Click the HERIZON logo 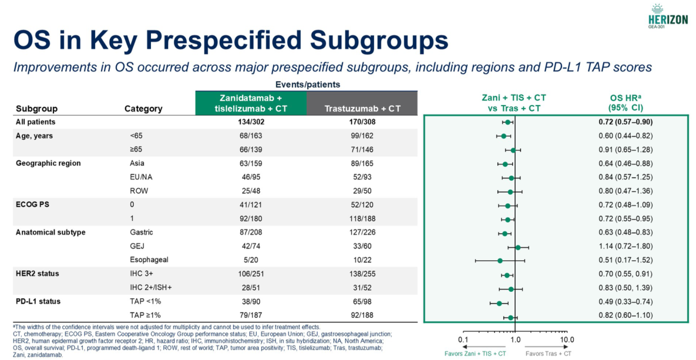coord(667,15)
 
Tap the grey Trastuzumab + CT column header coord(362,109)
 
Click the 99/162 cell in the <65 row coord(362,136)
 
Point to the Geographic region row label coord(48,163)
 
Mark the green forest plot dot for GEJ coord(518,247)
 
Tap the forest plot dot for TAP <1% coord(499,303)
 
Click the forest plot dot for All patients coord(507,122)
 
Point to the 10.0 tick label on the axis coord(567,340)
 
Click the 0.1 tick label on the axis coord(463,340)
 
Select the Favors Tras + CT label coord(547,354)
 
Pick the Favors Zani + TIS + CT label coord(483,354)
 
